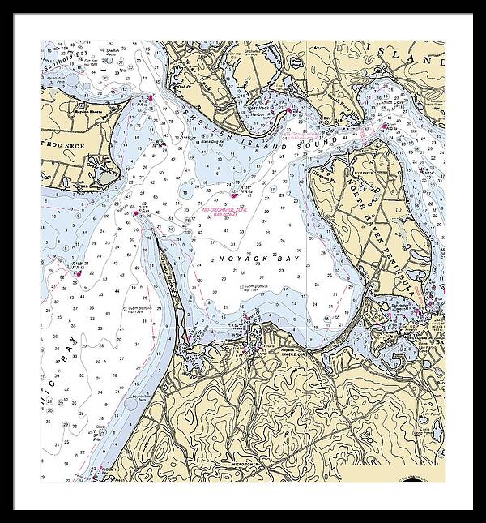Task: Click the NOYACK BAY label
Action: (x=253, y=259)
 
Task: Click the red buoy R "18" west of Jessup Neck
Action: (x=79, y=272)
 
